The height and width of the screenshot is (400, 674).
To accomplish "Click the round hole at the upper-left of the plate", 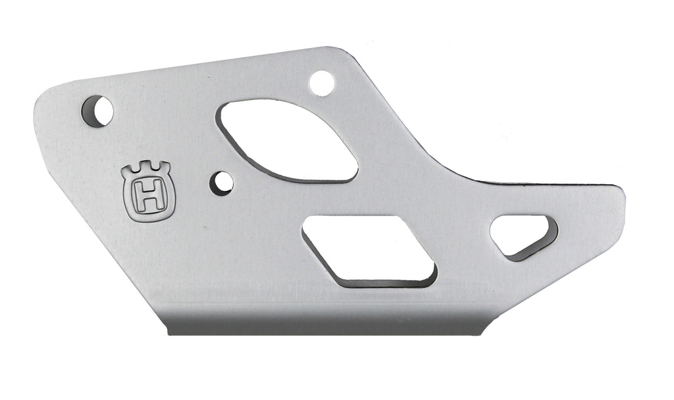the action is tap(97, 111).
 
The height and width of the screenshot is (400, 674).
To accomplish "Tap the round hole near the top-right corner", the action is tap(321, 84).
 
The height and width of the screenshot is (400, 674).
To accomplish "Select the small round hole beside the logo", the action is tap(221, 184).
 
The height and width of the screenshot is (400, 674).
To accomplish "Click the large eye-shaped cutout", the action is tap(287, 140).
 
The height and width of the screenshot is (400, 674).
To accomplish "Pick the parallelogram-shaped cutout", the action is tap(370, 251).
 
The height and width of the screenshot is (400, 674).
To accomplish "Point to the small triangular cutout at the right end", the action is tap(523, 237).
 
